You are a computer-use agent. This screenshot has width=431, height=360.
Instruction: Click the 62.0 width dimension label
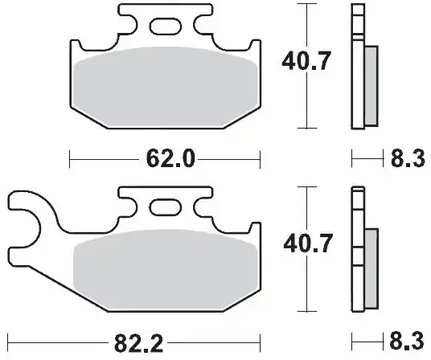click(x=170, y=160)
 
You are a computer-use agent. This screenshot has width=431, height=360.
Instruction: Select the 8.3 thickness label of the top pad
click(x=406, y=160)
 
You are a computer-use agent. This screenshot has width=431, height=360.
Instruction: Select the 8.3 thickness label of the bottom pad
click(x=406, y=343)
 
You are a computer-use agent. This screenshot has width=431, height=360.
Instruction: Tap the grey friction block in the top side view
click(x=371, y=84)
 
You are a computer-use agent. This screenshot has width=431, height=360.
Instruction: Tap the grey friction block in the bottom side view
click(x=371, y=265)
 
